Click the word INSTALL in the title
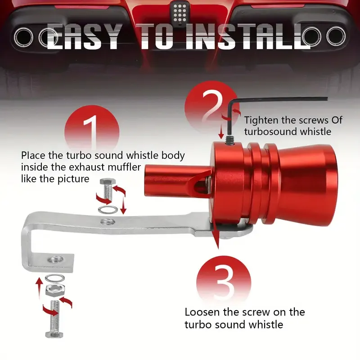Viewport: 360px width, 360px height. coord(248,36)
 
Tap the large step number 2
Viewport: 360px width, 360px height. coord(212,107)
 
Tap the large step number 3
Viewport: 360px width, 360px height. coord(224,282)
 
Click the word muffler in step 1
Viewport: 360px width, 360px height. coord(124,167)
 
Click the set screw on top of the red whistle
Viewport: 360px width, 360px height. coord(229,140)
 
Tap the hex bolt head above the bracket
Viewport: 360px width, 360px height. coord(106,182)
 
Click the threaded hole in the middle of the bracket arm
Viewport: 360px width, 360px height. coord(108,221)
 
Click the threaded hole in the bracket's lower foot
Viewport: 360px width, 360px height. coord(55,260)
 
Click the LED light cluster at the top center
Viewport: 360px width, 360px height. coord(180,13)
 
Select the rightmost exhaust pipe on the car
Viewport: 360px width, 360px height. coord(336,36)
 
